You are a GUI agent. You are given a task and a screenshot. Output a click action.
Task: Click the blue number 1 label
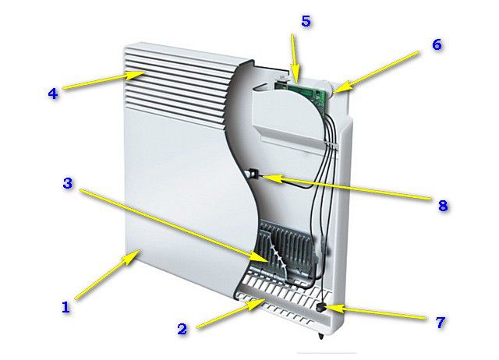coord(65,307)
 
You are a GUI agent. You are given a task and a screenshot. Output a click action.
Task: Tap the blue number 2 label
coord(182,329)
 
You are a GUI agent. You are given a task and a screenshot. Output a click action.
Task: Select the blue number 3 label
coord(68,183)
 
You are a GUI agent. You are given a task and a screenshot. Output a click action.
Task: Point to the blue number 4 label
coord(53,94)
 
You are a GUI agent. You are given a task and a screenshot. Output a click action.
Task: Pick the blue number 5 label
coord(306,21)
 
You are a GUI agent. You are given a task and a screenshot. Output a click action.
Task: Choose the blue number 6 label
coord(437,44)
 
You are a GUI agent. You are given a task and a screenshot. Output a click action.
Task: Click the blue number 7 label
coord(440,322)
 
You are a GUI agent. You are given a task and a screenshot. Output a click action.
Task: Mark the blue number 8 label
coord(443,206)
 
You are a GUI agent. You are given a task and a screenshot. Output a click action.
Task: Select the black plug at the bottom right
coord(322,307)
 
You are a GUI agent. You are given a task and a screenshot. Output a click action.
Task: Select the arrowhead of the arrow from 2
coord(265,300)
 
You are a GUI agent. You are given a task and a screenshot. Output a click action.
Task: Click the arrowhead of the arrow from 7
coord(324,308)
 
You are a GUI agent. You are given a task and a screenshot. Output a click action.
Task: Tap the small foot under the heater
coord(320,336)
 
